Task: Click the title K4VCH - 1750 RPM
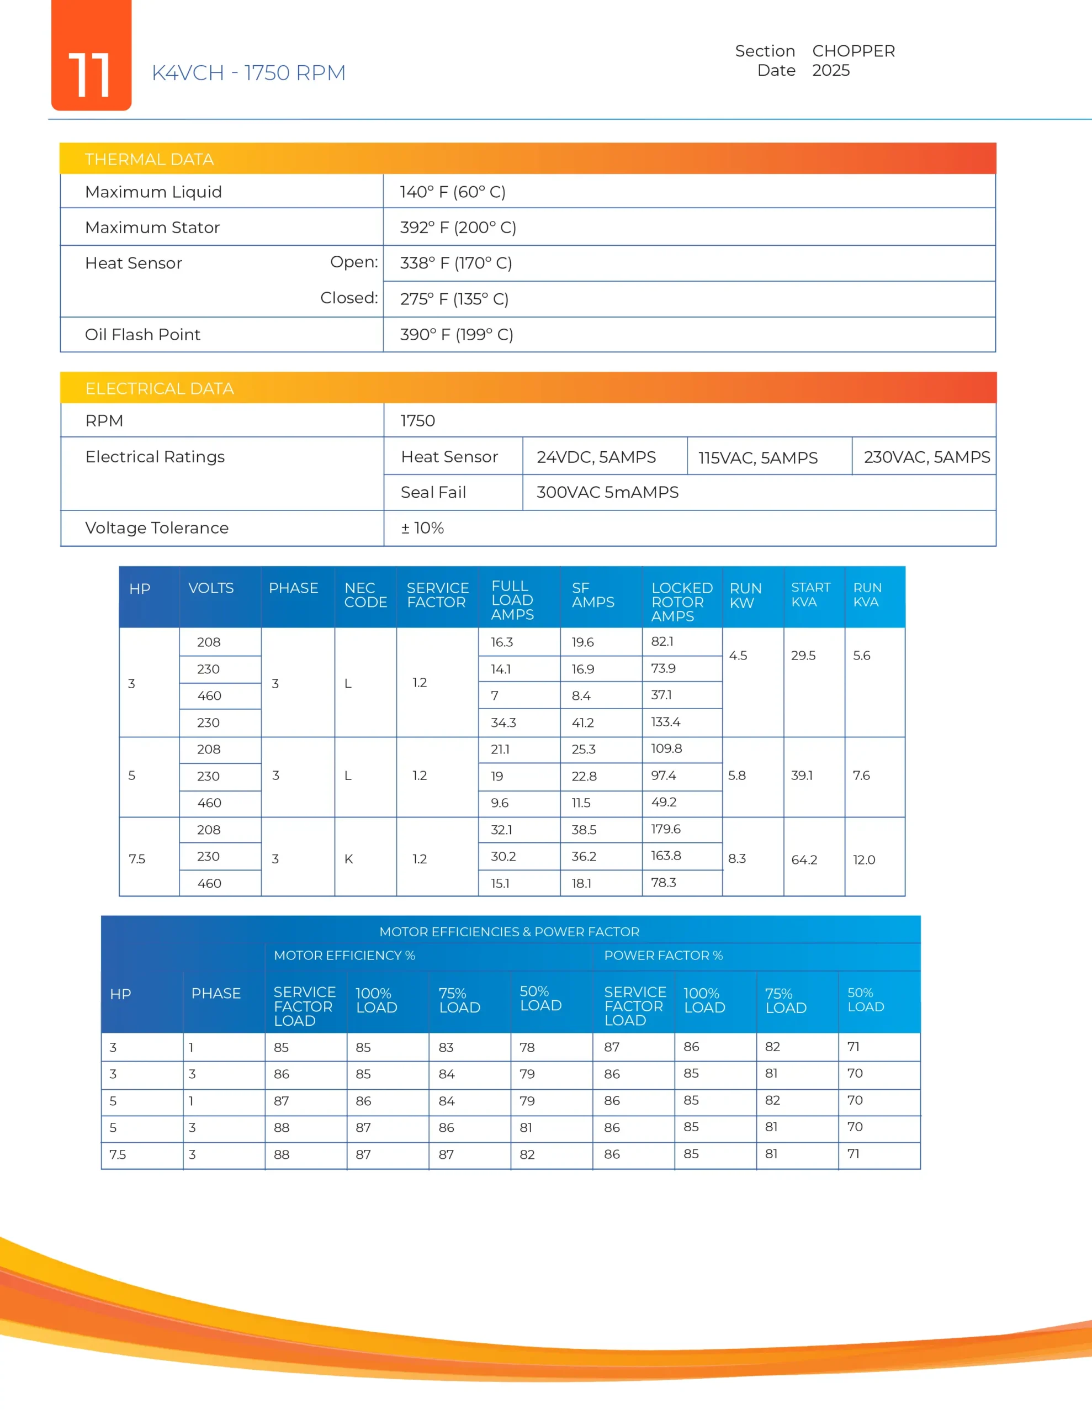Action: pos(248,72)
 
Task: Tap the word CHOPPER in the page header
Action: pos(853,51)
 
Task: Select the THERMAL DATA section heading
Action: pos(149,159)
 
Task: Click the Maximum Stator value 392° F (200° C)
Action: pos(458,227)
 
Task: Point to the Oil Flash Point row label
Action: pos(142,335)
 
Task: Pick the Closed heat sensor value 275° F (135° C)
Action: pos(454,299)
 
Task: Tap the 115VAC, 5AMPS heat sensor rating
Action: pos(757,458)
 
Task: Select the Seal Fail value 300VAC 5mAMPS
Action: pos(607,493)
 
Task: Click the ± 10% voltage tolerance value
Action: pos(422,528)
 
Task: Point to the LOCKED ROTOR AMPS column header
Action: pos(682,602)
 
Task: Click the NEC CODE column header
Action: pos(365,595)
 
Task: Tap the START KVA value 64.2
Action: pos(804,860)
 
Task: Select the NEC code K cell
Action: pos(349,859)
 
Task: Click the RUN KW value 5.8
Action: pos(736,775)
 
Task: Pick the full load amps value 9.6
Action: pos(499,803)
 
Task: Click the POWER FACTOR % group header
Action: pos(663,956)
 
